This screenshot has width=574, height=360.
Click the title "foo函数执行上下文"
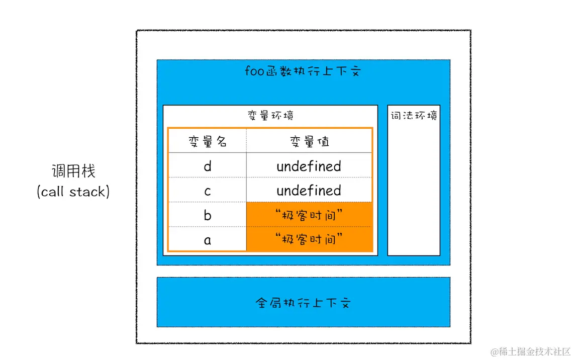click(x=303, y=71)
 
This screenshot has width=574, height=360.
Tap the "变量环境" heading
click(x=270, y=116)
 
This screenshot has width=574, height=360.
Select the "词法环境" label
click(x=414, y=116)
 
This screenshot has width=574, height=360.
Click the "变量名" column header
click(x=208, y=141)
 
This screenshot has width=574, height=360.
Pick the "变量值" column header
click(x=309, y=141)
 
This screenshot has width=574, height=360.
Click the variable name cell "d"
click(x=208, y=166)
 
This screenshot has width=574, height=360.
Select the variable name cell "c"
click(x=208, y=191)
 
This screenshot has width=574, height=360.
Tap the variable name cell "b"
click(x=208, y=215)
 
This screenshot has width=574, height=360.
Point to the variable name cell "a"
click(x=208, y=240)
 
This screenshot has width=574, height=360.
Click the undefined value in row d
click(x=309, y=166)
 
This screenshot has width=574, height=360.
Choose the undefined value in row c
click(x=309, y=191)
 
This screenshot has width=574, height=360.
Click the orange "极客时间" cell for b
click(x=309, y=215)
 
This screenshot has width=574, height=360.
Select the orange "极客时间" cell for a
click(x=309, y=240)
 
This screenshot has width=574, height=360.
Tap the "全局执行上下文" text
click(x=303, y=303)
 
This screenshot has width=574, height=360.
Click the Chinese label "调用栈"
click(x=73, y=171)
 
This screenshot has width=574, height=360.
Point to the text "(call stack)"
click(x=73, y=192)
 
